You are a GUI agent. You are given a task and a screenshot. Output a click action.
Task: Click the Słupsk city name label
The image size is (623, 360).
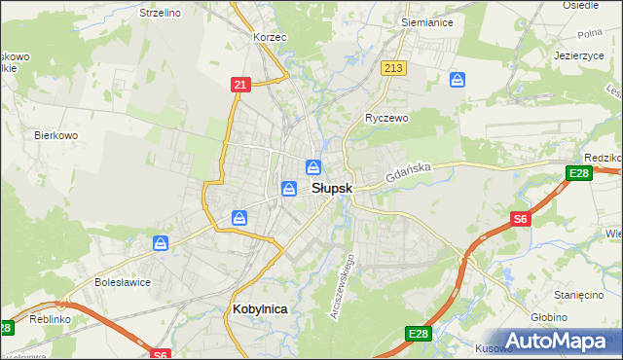[x=331, y=188]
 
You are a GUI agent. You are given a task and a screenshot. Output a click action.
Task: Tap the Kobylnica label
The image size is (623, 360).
[x=261, y=308]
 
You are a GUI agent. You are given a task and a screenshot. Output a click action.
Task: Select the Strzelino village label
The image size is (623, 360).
[x=161, y=14]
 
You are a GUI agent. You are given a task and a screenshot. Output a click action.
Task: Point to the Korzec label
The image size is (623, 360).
[x=269, y=37]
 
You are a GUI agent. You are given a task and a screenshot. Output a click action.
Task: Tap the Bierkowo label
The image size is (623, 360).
[x=55, y=136]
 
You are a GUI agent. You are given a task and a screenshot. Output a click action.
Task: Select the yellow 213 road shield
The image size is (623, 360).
[x=393, y=68]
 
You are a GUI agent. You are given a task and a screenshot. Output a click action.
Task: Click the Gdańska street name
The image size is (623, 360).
[x=407, y=174]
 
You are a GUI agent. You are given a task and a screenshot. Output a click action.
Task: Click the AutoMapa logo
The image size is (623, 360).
[x=556, y=342]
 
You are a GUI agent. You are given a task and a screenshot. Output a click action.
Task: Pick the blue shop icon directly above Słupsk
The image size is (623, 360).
[x=313, y=166]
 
